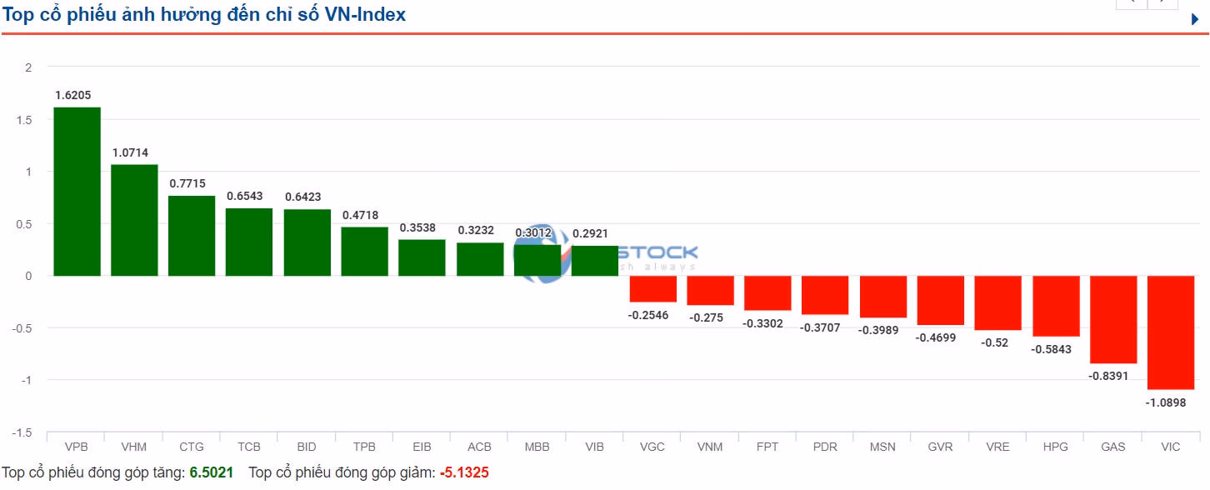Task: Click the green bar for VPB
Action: coord(77,192)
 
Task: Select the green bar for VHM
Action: coord(134,220)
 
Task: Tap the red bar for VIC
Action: coord(1171,332)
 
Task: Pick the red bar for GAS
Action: coord(1113,320)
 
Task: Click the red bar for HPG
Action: coord(1056,306)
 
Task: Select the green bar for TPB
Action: coord(365,251)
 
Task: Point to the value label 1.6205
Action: coord(73,95)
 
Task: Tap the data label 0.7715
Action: coord(187,183)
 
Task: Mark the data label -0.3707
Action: coord(821,327)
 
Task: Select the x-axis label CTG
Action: coord(192,447)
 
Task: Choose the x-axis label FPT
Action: coord(767,447)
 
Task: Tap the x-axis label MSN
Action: coord(882,447)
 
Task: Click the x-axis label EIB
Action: coord(422,447)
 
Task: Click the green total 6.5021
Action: coord(212,473)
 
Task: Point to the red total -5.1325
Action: coord(464,473)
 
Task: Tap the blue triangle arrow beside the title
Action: coord(1195,19)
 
